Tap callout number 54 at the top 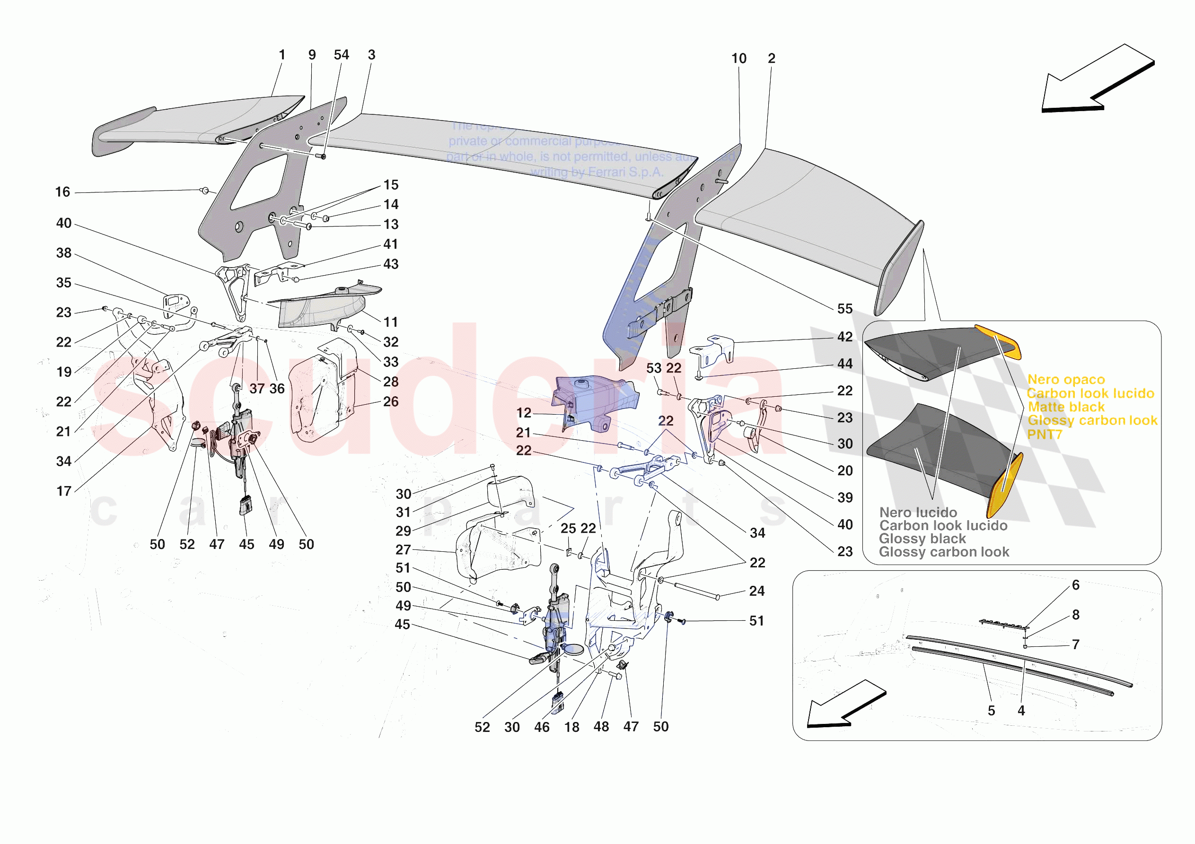pos(342,55)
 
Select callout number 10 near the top pos(738,59)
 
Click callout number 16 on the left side pos(63,192)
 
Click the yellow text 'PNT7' pos(1044,435)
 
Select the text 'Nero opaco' pos(1066,380)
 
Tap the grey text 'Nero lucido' pos(918,513)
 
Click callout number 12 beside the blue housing pos(524,413)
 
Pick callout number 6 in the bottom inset pos(1076,585)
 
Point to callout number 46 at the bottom pos(542,727)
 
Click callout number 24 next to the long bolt pos(757,591)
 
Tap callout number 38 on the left pos(64,253)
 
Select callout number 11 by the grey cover pos(391,322)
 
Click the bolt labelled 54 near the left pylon pos(323,156)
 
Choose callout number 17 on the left pos(64,491)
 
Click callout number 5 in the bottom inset pos(992,711)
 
